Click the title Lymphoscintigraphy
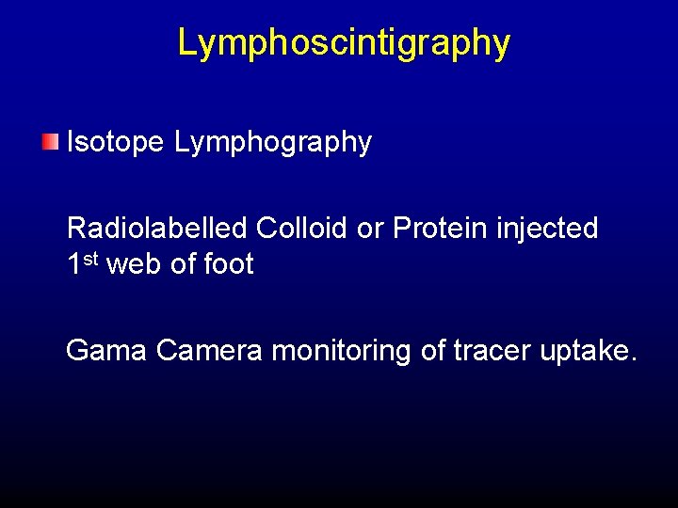[x=344, y=42]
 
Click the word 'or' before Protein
[x=368, y=229]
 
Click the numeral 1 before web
[x=74, y=264]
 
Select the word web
[x=135, y=264]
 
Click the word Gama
[x=106, y=351]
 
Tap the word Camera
[x=209, y=351]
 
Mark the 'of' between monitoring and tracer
[x=434, y=351]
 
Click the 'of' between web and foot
[x=182, y=264]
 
